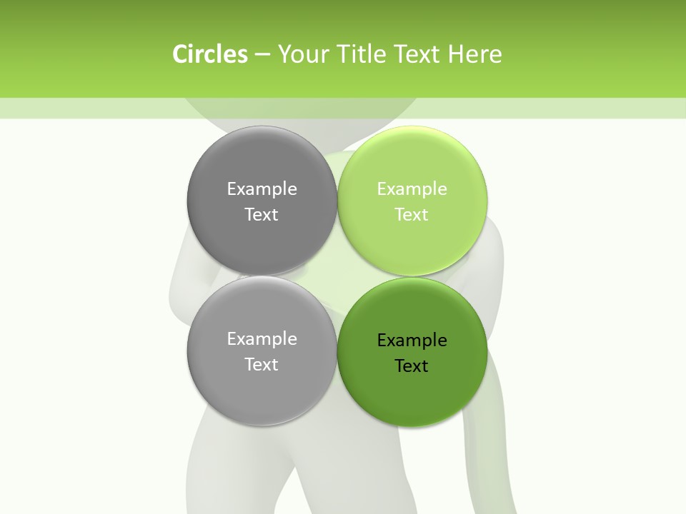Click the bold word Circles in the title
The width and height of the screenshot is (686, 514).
[209, 54]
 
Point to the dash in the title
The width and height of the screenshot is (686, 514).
[262, 54]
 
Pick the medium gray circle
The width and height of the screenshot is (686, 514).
[262, 385]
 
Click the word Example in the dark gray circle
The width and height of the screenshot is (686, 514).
[262, 189]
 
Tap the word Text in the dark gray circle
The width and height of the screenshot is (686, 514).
[262, 215]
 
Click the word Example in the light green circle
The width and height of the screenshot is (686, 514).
[412, 189]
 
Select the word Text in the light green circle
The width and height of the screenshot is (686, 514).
[412, 215]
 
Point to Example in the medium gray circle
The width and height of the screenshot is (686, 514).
[262, 339]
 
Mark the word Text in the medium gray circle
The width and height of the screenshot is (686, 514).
[262, 365]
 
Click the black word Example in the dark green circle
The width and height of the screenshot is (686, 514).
[412, 341]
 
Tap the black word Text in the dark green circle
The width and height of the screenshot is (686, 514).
[412, 366]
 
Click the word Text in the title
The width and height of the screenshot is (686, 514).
[417, 54]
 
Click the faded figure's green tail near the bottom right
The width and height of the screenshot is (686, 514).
[486, 457]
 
